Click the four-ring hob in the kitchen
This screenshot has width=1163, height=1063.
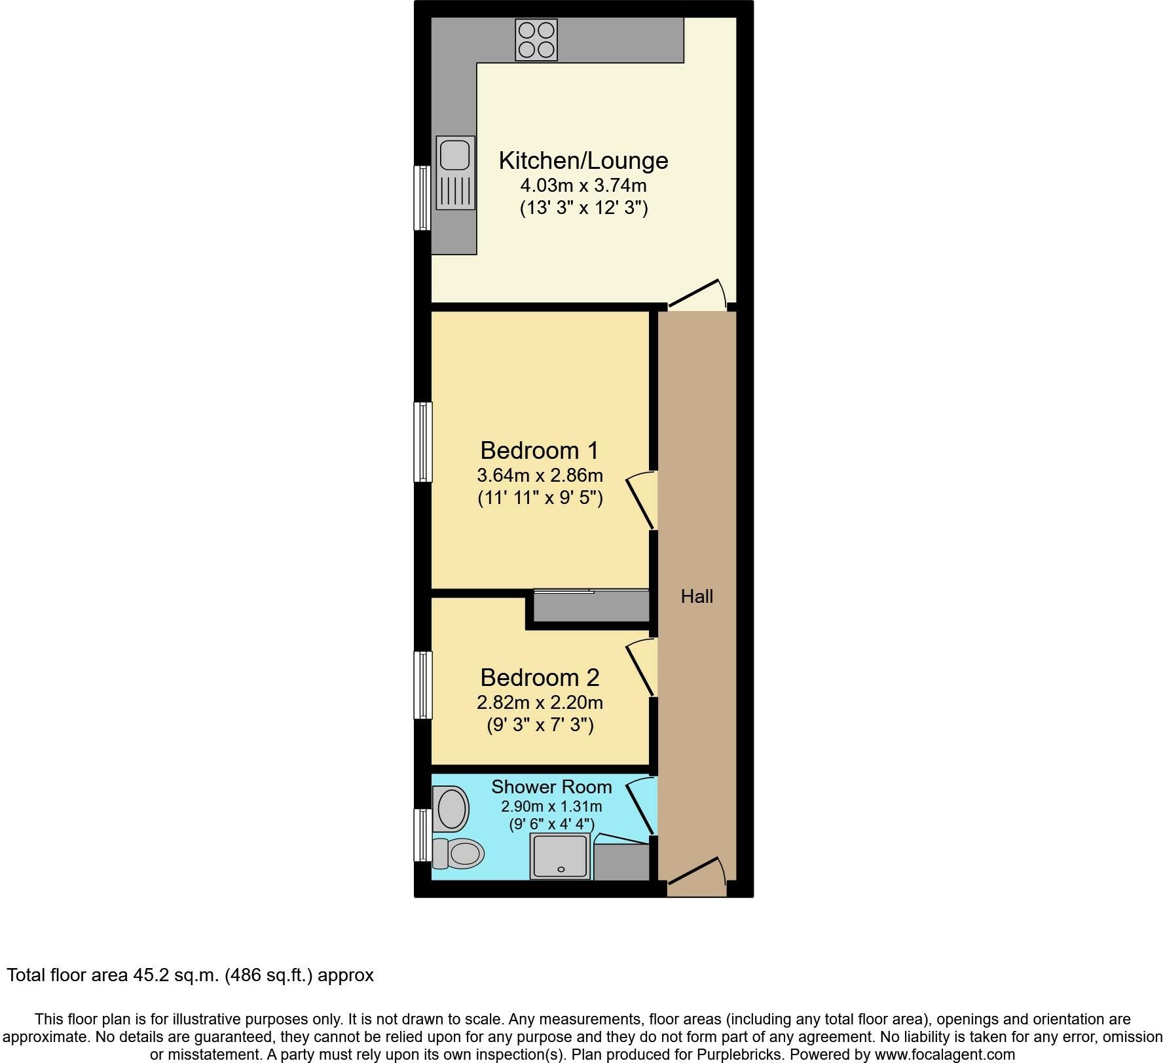point(536,40)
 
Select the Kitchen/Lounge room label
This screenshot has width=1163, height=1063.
point(583,160)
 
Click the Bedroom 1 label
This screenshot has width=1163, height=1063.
point(540,450)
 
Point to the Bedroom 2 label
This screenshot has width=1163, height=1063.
point(540,677)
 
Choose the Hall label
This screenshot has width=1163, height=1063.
point(697,596)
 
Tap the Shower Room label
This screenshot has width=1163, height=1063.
point(551,787)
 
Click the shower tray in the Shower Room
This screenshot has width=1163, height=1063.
point(561,856)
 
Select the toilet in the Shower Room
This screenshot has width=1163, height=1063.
point(458,853)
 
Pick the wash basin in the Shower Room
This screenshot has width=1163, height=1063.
point(451,809)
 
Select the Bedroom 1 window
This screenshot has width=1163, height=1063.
point(423,442)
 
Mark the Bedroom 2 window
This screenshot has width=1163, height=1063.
point(423,685)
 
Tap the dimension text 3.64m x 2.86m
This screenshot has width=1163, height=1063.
point(540,475)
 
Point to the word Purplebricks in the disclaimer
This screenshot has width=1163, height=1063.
point(744,1054)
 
